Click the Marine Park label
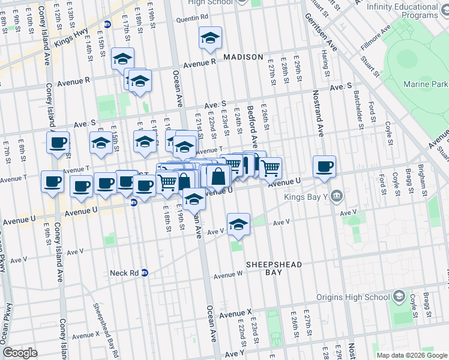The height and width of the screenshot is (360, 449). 426,83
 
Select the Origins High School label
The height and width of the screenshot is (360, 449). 355,297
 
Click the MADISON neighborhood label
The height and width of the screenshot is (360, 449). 243,57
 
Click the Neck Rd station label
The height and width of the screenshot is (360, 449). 124,273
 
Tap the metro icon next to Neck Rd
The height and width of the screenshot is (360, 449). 144,273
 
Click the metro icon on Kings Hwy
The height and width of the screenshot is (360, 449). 107,25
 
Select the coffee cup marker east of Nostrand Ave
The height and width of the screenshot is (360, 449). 324,167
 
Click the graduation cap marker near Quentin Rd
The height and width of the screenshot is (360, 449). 210,38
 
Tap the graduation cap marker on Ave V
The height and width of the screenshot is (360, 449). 239,224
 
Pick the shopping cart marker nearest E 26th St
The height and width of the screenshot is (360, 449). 271,167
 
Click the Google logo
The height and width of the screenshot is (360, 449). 20,353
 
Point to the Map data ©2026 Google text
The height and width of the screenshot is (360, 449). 411,355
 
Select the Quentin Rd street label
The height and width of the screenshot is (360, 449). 192,18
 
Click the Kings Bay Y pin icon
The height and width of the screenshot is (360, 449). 335,195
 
